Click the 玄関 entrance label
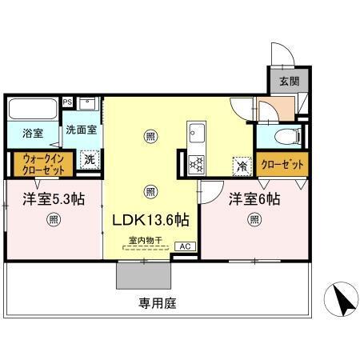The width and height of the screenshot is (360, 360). [288, 81]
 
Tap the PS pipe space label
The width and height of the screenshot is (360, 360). [67, 102]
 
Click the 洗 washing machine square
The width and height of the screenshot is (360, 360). [90, 158]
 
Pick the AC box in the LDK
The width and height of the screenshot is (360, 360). [183, 246]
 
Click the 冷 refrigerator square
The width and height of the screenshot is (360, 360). [240, 166]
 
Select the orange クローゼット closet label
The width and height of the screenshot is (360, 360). [282, 164]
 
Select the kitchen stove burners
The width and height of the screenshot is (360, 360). [196, 163]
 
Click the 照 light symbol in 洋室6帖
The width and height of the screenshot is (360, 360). [254, 219]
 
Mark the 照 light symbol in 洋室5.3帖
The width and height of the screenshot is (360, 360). [53, 219]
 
